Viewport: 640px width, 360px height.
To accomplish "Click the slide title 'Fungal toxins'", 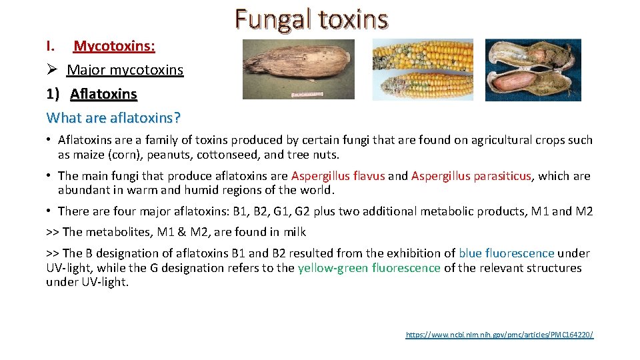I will click(311, 19).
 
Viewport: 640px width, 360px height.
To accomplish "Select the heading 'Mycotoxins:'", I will click(114, 46).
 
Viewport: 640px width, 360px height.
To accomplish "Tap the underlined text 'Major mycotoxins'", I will click(125, 70).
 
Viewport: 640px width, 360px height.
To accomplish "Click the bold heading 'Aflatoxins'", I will click(103, 94).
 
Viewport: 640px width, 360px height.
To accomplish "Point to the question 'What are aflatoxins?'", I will click(113, 118).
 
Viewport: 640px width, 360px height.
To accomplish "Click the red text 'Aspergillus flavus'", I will click(338, 176).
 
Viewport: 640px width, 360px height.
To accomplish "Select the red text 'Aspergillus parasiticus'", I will click(471, 176).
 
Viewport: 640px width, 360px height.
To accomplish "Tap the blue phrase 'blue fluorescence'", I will click(507, 253).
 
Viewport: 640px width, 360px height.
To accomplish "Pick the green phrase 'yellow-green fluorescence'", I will click(369, 268).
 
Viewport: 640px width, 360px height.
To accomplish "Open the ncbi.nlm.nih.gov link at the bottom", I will click(499, 334).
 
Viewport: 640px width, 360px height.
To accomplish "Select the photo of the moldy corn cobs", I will click(423, 69).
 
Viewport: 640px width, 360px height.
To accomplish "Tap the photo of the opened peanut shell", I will click(533, 69).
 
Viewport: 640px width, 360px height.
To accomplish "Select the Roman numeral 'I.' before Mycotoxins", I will click(51, 46).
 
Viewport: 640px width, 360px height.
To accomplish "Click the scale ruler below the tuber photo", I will click(313, 95).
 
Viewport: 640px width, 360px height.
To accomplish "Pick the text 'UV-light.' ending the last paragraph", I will click(87, 283).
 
